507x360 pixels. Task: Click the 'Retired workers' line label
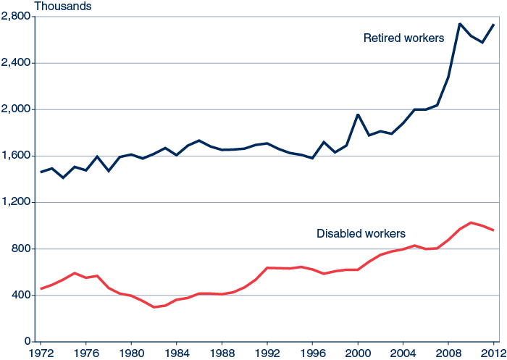[x=403, y=38]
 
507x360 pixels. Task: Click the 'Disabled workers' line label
[x=361, y=233]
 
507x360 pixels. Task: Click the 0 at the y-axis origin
[x=28, y=342]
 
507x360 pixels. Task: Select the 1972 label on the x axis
[x=41, y=353]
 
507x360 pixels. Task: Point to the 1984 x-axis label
[x=177, y=353]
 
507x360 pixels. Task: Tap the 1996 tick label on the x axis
[x=312, y=353]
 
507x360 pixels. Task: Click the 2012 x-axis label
[x=493, y=353]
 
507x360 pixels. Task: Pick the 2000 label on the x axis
[x=358, y=353]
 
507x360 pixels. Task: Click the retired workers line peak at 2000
[x=358, y=114]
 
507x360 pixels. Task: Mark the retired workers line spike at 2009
[x=460, y=24]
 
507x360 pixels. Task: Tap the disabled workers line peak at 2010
[x=471, y=222]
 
